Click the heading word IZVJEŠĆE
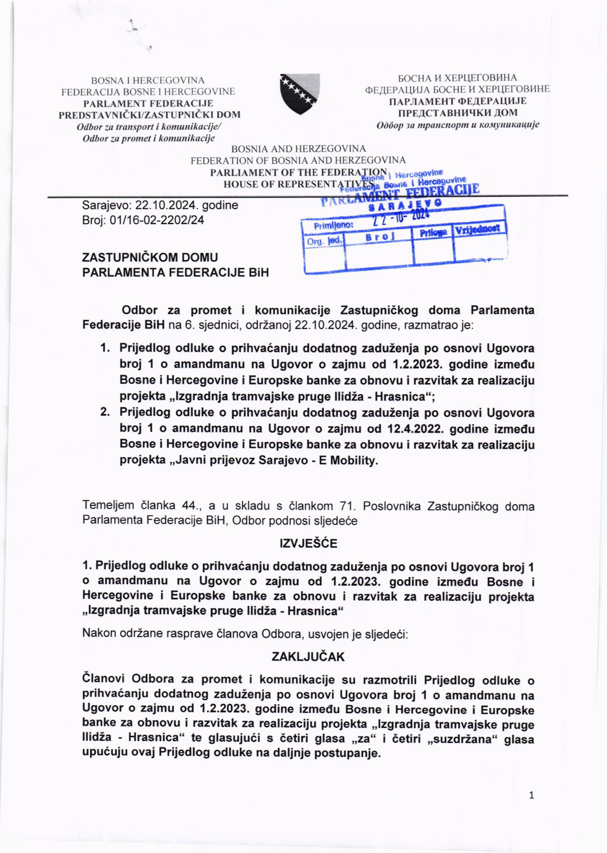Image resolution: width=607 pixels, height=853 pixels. pyautogui.click(x=308, y=543)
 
